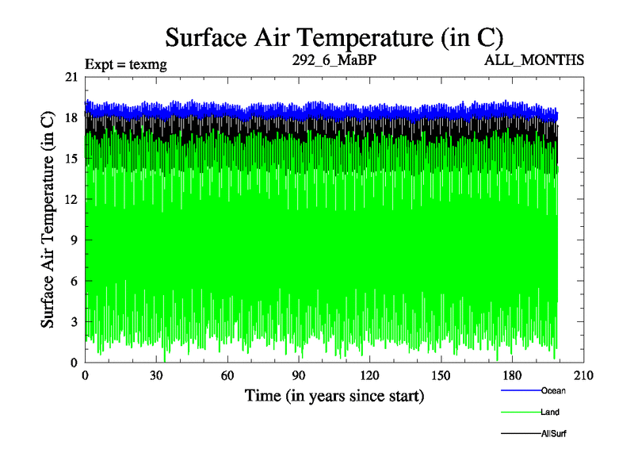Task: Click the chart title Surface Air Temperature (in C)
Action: click(334, 36)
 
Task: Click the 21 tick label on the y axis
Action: click(71, 77)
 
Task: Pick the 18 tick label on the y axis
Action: click(71, 117)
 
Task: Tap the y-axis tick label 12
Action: click(71, 199)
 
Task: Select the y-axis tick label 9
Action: click(74, 240)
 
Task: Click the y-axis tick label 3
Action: click(74, 322)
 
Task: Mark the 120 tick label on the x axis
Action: click(370, 376)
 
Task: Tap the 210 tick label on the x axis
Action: click(584, 376)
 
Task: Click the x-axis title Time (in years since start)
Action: click(334, 395)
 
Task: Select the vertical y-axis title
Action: click(48, 220)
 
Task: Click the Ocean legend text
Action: click(553, 390)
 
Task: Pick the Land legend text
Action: click(550, 413)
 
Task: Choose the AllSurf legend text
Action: click(554, 434)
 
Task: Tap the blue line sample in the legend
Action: click(521, 390)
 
